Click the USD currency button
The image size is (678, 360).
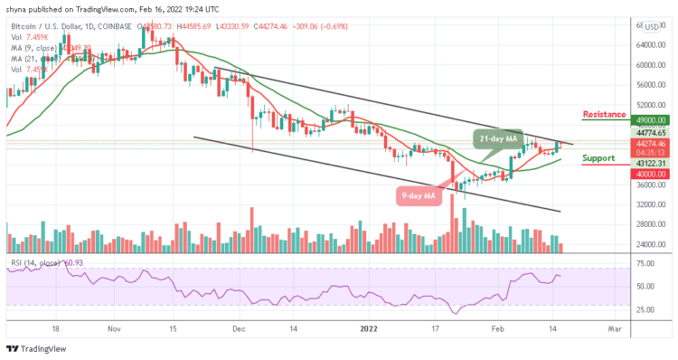[x=652, y=27]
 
